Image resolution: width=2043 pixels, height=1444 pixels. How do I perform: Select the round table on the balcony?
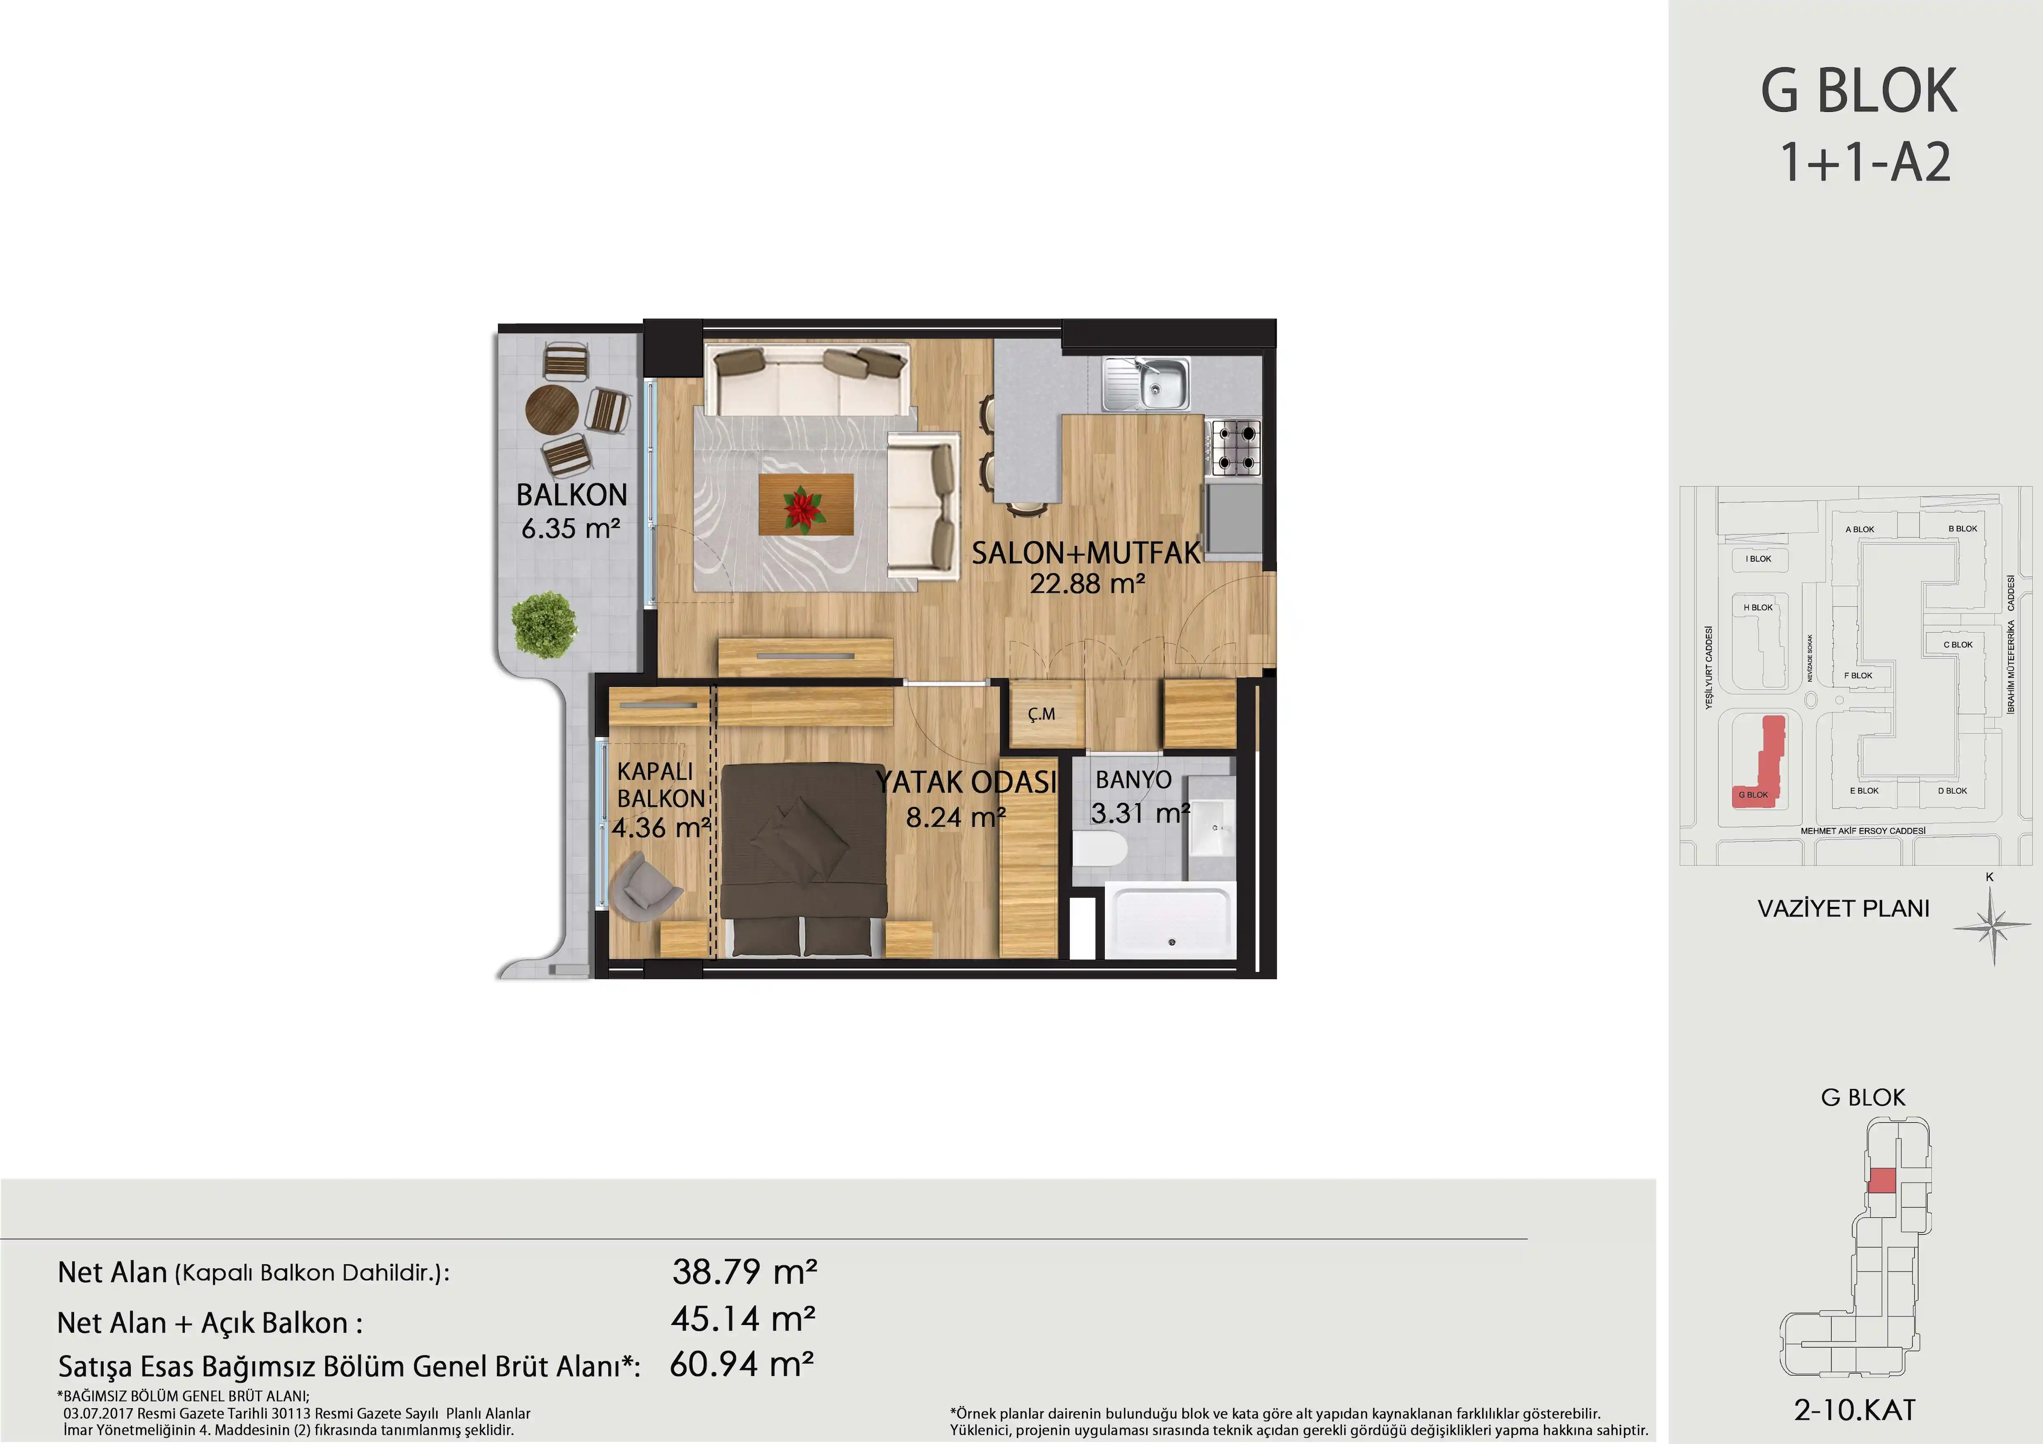(552, 410)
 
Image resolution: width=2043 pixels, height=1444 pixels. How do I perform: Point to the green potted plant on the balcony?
(543, 624)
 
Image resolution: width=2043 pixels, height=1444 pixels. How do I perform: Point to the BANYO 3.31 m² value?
(1140, 813)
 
